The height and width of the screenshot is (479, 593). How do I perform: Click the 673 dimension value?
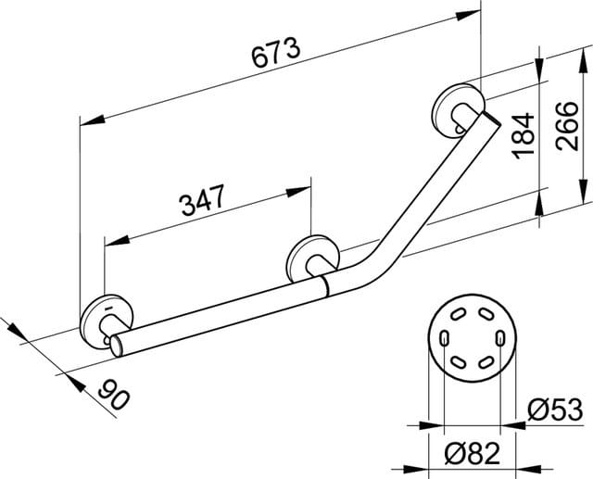tap(276, 52)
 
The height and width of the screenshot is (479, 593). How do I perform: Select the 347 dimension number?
tap(203, 199)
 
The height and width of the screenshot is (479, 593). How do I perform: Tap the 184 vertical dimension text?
tap(523, 134)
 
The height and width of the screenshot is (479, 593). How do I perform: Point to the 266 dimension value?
tap(567, 126)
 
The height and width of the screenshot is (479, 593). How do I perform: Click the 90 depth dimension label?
tap(114, 395)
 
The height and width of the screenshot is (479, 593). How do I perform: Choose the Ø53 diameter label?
tap(555, 410)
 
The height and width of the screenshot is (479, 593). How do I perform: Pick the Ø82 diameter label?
tap(473, 453)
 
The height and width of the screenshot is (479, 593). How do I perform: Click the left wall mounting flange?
tap(107, 321)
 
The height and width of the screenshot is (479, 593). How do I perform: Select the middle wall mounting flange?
tap(313, 259)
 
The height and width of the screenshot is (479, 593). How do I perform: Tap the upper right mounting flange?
tap(458, 110)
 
